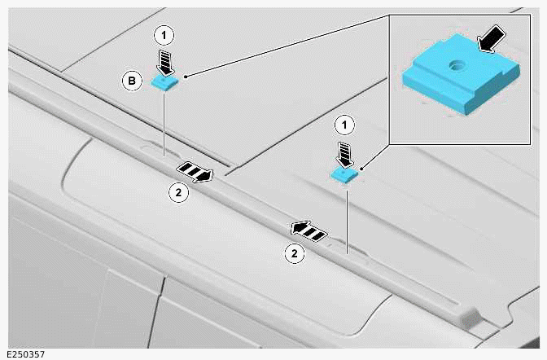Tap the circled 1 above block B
pyautogui.click(x=164, y=35)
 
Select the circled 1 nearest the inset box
pyautogui.click(x=346, y=125)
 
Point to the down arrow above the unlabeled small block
pyautogui.click(x=344, y=152)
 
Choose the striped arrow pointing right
pyautogui.click(x=195, y=170)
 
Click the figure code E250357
pyautogui.click(x=24, y=353)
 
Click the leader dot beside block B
pyautogui.click(x=187, y=77)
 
